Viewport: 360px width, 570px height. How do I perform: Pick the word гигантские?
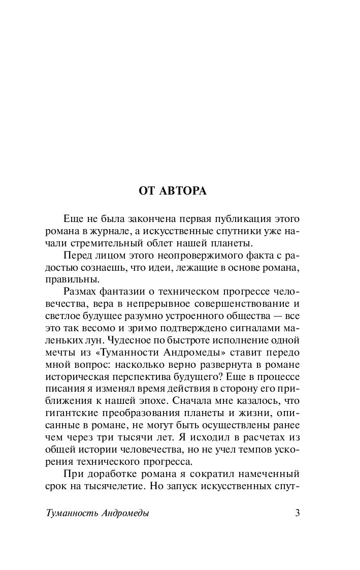[70, 413]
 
